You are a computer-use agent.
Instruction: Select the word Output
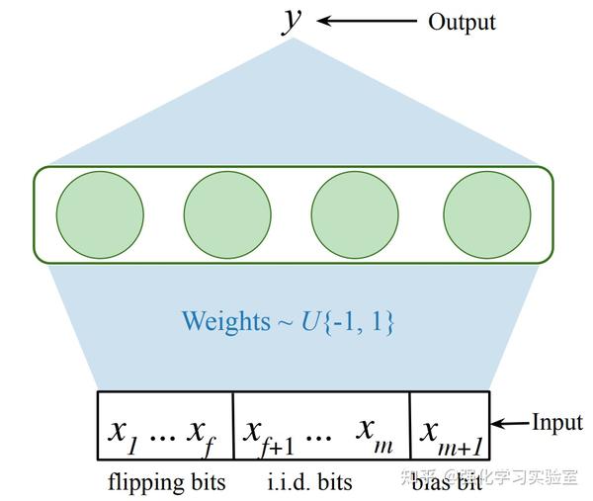click(x=462, y=21)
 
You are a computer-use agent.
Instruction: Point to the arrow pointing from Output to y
click(x=367, y=21)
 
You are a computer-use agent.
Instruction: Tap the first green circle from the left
click(x=100, y=214)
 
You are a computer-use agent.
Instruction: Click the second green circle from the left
click(x=227, y=214)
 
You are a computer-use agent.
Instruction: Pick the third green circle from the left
click(x=355, y=214)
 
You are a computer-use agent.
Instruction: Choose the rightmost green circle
click(x=486, y=214)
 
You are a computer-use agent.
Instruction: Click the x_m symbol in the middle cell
click(x=377, y=433)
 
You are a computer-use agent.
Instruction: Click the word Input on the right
click(x=557, y=423)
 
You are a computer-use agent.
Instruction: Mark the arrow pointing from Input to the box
click(x=512, y=424)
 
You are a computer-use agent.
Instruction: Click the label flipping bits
click(x=166, y=482)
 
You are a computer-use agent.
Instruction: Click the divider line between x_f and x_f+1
click(x=232, y=426)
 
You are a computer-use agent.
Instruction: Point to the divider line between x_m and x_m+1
click(x=409, y=426)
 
